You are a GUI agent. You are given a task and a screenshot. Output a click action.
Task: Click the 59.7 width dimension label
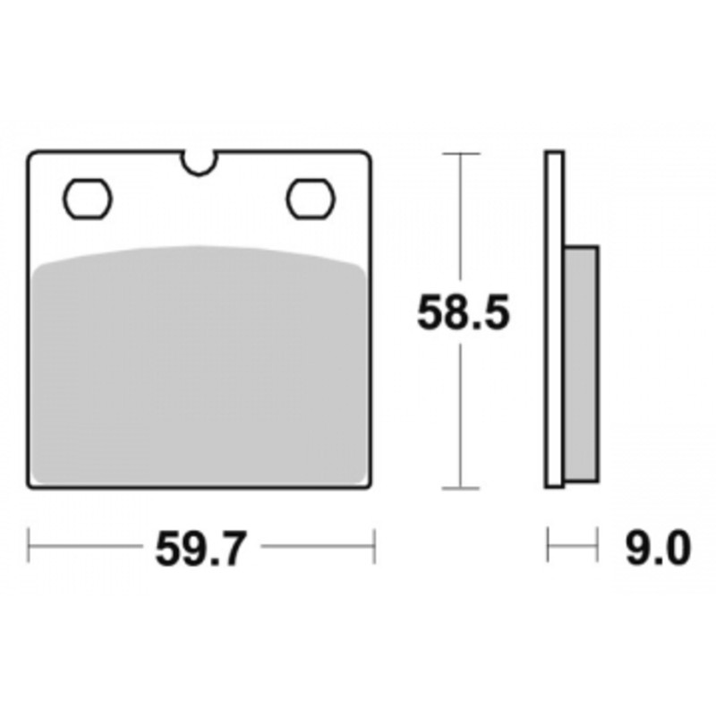click(x=200, y=549)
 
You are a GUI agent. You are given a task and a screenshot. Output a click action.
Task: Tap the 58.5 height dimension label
click(x=463, y=312)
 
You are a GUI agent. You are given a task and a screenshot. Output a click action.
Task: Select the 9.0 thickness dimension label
click(x=658, y=548)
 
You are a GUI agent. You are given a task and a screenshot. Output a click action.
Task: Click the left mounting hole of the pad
click(x=87, y=199)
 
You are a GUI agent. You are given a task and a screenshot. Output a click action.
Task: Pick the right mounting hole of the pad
click(x=311, y=199)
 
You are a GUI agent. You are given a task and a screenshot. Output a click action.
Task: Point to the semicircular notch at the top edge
click(x=200, y=165)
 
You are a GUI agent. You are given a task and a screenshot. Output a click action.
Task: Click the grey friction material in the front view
click(x=200, y=365)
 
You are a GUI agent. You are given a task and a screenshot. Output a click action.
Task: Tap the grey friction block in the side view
click(x=581, y=364)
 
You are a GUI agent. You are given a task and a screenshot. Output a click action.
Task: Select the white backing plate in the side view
click(x=554, y=320)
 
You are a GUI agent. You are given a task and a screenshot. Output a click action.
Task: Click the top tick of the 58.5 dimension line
click(x=461, y=154)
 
